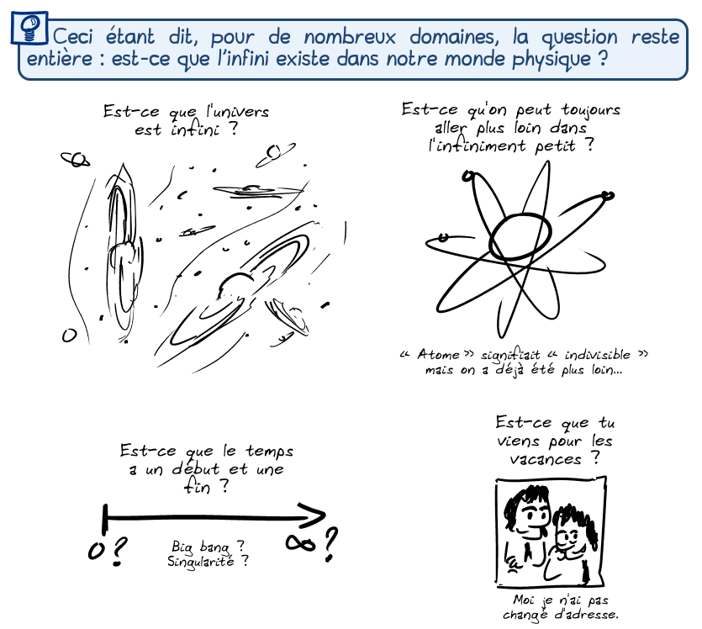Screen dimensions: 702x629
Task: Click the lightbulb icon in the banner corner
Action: point(30,28)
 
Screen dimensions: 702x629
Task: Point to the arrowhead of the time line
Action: point(314,517)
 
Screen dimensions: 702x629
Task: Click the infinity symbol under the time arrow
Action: point(300,543)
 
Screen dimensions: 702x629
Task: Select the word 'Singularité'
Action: point(201,562)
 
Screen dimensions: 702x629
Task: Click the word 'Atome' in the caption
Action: point(438,354)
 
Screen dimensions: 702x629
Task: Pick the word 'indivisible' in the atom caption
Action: point(597,355)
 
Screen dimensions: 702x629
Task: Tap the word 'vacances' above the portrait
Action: point(546,459)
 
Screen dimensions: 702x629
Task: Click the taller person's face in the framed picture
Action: point(534,515)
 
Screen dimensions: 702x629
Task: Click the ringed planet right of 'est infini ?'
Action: point(275,154)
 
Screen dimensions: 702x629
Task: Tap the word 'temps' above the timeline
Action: point(270,451)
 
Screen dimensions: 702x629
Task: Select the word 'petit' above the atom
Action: point(555,146)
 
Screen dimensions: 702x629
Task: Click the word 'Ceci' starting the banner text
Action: point(72,37)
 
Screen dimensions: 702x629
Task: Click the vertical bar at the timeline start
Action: point(105,519)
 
